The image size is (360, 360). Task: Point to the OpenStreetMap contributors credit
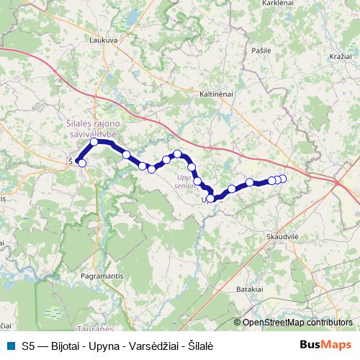pyautogui.click(x=297, y=323)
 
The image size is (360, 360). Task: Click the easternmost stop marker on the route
pyautogui.click(x=283, y=179)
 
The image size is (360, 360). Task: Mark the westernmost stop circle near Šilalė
pyautogui.click(x=82, y=163)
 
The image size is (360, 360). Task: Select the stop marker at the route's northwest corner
pyautogui.click(x=94, y=142)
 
